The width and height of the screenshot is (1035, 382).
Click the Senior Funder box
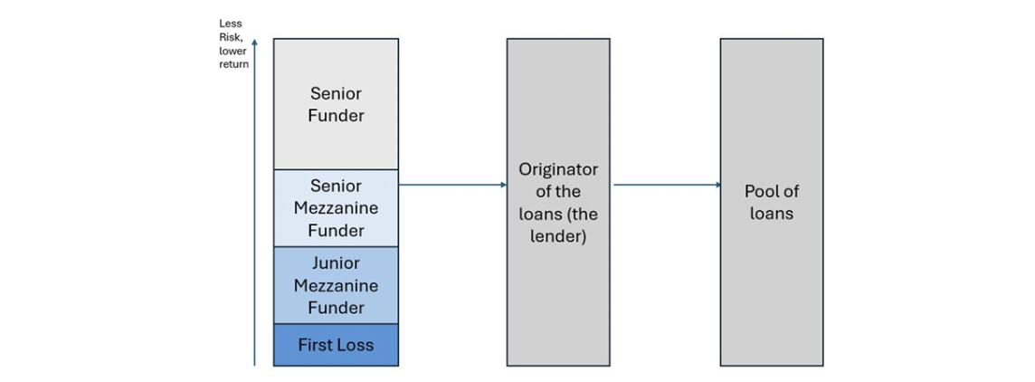336,104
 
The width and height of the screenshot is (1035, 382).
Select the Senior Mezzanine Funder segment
336,208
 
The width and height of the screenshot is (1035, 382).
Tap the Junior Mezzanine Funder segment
336,285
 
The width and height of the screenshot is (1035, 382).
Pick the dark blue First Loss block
336,345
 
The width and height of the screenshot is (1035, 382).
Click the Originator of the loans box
558,202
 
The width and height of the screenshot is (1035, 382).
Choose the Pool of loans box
772,202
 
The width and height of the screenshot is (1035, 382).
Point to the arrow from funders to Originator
452,185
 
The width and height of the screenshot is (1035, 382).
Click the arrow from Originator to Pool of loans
668,185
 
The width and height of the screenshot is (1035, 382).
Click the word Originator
558,169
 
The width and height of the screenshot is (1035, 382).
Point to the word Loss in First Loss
356,345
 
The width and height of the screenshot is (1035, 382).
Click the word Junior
336,263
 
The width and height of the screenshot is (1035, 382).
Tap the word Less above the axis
230,24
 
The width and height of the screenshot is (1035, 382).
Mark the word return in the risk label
234,65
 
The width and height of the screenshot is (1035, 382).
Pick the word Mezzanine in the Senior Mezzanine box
336,209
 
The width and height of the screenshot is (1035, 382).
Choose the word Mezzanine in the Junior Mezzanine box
336,286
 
